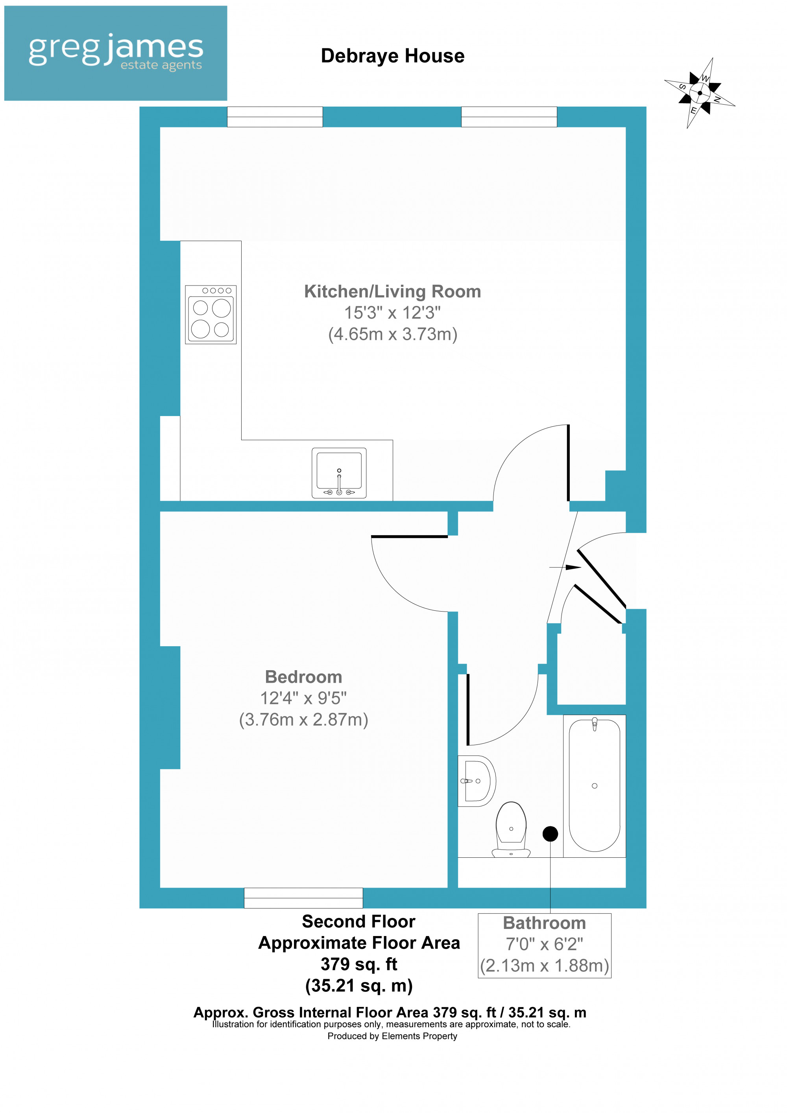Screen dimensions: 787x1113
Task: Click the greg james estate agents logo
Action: click(x=115, y=53)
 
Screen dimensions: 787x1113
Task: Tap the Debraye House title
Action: click(x=392, y=56)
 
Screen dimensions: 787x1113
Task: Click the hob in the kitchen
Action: click(x=211, y=315)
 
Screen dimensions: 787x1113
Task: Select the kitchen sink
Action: click(x=339, y=473)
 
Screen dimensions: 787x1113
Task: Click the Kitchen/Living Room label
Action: click(x=392, y=291)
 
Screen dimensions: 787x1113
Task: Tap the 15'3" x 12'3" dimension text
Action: click(x=392, y=313)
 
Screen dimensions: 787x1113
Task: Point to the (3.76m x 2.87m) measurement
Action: click(x=303, y=719)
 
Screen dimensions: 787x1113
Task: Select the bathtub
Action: click(x=594, y=786)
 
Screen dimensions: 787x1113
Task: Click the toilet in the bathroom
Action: click(x=511, y=830)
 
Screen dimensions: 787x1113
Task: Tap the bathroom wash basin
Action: click(x=477, y=781)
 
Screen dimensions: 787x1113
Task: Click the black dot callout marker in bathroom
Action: click(x=550, y=834)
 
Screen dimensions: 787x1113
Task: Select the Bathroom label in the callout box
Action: click(x=544, y=923)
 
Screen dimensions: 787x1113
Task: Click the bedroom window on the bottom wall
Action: click(x=303, y=898)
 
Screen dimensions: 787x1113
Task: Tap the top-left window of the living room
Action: click(x=275, y=117)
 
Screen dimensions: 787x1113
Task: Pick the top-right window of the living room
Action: click(x=509, y=117)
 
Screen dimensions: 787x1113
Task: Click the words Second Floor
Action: click(x=358, y=921)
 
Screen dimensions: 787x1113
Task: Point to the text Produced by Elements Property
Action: click(x=392, y=1036)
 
